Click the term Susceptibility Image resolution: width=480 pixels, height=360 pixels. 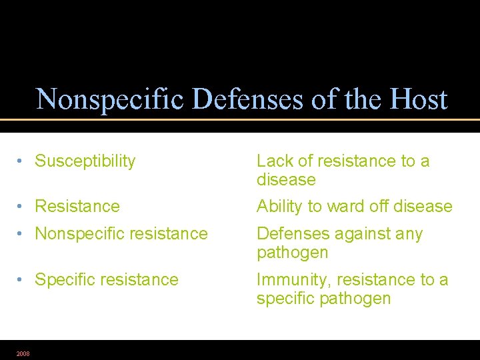pos(85,161)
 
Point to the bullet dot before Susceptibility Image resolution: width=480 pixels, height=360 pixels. pos(22,161)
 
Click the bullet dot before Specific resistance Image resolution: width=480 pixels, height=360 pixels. pos(22,280)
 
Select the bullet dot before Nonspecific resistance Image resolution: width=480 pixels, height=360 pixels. pos(22,234)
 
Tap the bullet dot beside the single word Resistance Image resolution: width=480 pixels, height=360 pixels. pos(22,207)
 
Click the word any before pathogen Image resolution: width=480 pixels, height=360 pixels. pos(409,234)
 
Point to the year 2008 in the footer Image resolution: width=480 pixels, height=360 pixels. pos(23,353)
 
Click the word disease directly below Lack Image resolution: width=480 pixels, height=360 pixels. pos(286,180)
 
